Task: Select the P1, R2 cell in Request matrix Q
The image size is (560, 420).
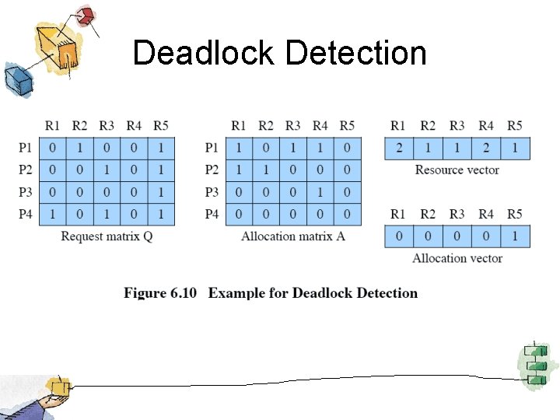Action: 79,148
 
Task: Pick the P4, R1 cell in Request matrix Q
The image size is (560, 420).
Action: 52,214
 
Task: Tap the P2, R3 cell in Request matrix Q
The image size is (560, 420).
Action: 107,170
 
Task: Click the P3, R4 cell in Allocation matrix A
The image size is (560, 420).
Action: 320,192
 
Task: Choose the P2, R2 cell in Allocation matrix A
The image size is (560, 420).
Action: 266,170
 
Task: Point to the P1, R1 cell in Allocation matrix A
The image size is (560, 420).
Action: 239,148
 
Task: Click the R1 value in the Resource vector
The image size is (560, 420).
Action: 398,148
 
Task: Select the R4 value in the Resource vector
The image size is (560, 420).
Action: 486,148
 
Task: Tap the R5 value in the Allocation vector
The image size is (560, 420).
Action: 515,236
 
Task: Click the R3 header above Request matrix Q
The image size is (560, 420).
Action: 107,125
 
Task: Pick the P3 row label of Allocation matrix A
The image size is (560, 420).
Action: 212,192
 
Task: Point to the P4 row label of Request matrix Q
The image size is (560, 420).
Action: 25,214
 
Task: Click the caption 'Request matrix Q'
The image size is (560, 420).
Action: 107,236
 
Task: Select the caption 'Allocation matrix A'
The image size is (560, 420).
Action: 293,236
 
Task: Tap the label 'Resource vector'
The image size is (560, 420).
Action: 457,170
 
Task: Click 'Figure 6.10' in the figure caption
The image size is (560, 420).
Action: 160,293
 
